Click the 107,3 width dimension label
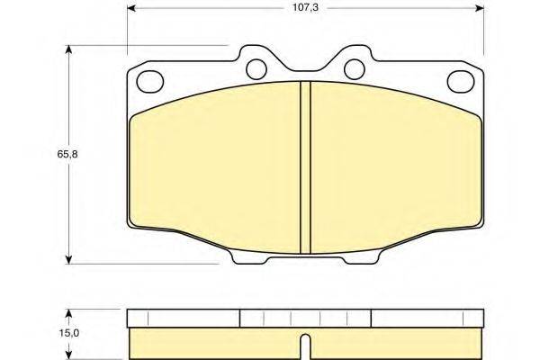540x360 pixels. (305, 7)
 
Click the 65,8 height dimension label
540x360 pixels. (67, 154)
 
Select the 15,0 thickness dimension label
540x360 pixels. (68, 333)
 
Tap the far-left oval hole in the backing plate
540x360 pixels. (149, 81)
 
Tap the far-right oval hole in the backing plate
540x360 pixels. (461, 81)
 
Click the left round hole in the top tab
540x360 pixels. (256, 69)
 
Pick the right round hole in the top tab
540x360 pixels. (355, 69)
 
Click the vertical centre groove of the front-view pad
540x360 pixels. (305, 167)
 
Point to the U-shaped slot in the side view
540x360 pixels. (305, 346)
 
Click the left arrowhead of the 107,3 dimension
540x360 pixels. (131, 8)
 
